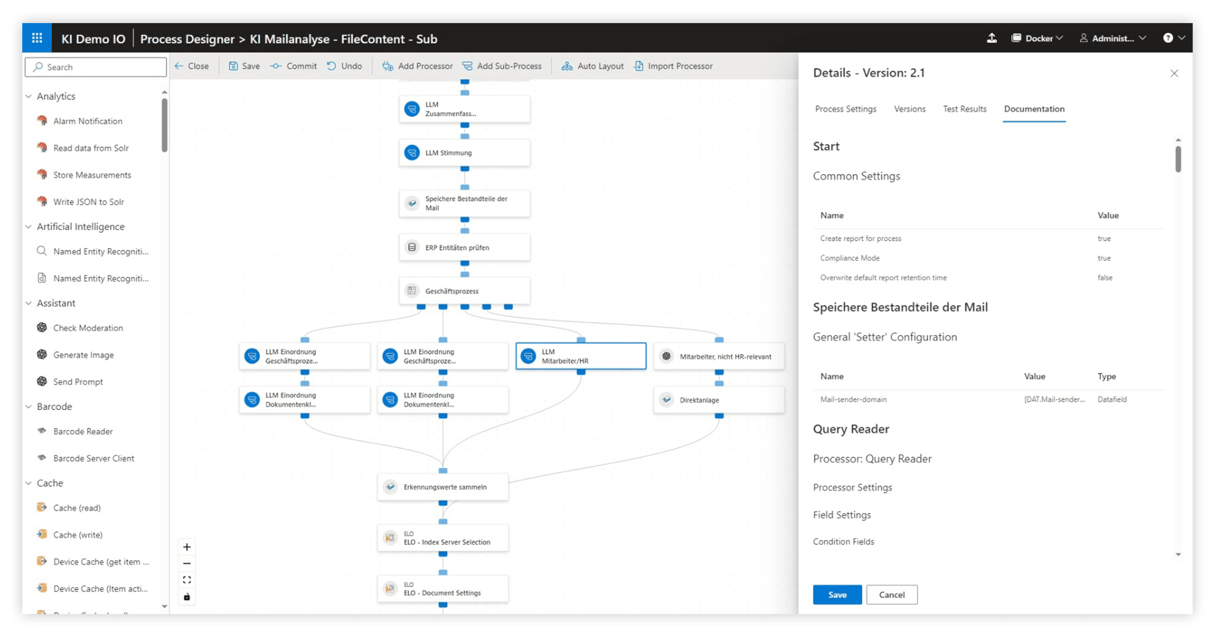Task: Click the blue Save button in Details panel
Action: (837, 594)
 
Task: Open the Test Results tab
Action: (965, 109)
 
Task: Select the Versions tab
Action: (909, 109)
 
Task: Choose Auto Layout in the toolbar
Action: (593, 66)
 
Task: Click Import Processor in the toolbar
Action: (674, 66)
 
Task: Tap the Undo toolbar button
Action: (345, 66)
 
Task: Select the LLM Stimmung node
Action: (464, 153)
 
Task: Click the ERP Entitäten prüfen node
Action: (464, 247)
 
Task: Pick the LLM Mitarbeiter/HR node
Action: (581, 356)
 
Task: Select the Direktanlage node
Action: (718, 400)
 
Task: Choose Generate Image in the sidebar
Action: (83, 355)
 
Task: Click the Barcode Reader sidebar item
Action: (83, 431)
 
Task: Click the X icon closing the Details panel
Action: (1174, 73)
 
